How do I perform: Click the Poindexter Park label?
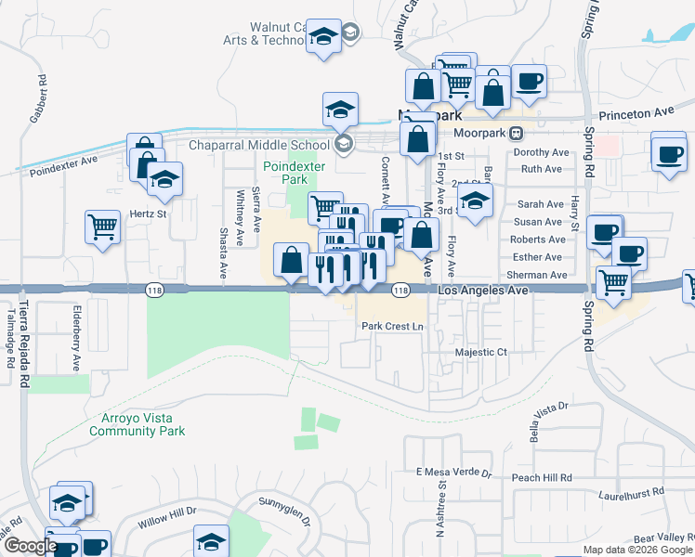click(284, 172)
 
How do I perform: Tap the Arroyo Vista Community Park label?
click(137, 424)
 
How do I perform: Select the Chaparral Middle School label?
click(259, 144)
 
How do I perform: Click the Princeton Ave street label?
click(636, 111)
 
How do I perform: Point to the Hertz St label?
click(147, 214)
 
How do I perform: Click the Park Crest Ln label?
click(392, 327)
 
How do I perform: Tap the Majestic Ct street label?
click(481, 353)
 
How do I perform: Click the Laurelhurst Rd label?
click(632, 492)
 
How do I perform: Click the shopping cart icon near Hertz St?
click(102, 226)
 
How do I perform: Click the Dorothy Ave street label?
click(541, 152)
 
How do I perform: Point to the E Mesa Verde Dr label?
click(453, 472)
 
